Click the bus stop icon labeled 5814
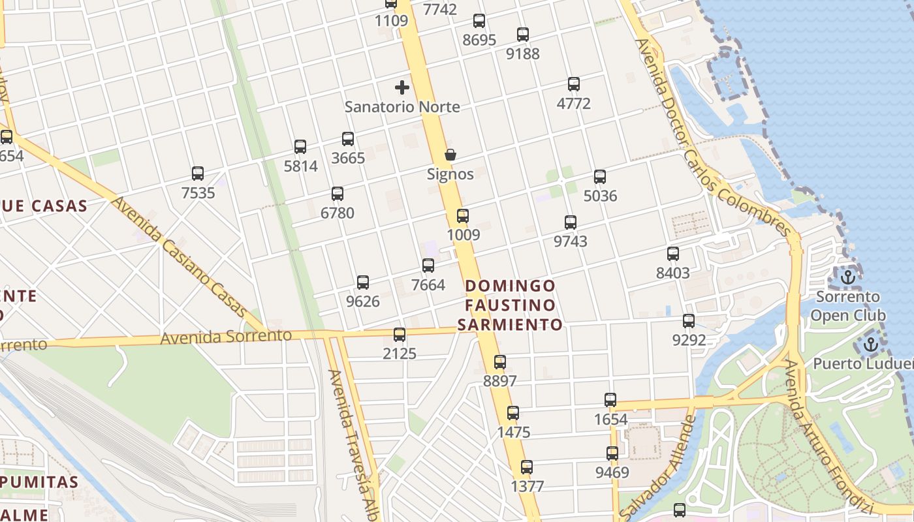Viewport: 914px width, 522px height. (300, 147)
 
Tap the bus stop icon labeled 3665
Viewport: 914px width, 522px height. (348, 139)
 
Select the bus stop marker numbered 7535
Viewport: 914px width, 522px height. (198, 174)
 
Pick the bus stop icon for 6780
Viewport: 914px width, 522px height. (338, 194)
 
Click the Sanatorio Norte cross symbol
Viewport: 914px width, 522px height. (402, 87)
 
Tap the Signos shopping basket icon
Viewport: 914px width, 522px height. (450, 155)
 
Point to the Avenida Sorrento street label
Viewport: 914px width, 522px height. (226, 337)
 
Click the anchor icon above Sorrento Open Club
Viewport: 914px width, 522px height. (847, 277)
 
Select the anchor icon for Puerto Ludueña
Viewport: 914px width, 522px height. (871, 345)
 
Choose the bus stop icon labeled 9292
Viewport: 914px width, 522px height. (689, 321)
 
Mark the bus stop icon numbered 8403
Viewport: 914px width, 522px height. (673, 254)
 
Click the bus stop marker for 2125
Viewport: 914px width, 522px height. (400, 335)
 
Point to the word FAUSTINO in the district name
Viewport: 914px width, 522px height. (511, 305)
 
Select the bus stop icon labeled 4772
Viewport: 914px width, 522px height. (574, 84)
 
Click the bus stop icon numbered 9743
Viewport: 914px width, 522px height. (571, 223)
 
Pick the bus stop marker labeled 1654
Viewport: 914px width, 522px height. (610, 400)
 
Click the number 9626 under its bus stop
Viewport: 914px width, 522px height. (363, 301)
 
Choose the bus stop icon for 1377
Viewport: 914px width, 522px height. (527, 467)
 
